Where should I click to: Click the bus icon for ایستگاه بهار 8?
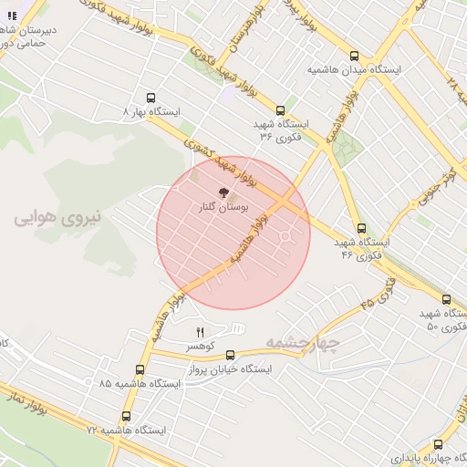(150, 98)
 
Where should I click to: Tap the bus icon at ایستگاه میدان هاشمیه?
(355, 56)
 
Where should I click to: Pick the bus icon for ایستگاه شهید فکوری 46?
(361, 228)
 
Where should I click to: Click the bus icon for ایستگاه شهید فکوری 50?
(446, 299)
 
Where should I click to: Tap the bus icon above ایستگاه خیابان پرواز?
(229, 356)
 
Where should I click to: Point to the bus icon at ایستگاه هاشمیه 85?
(140, 369)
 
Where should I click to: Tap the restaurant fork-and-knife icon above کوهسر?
(201, 332)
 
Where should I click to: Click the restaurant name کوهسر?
(201, 348)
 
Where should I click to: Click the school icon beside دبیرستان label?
(11, 16)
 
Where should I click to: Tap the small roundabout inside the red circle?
(285, 238)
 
